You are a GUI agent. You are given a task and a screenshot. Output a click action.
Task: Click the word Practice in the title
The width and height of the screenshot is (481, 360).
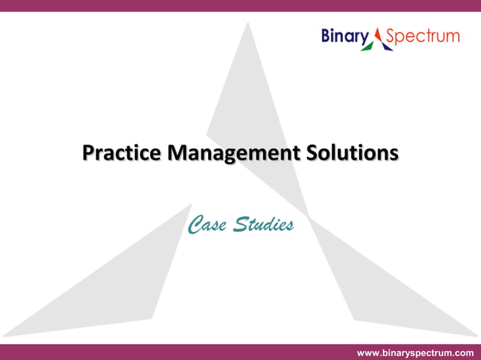(x=121, y=154)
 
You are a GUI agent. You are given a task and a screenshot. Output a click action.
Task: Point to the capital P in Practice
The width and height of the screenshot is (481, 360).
(x=88, y=153)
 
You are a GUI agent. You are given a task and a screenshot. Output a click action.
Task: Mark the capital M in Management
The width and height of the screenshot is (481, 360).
(x=176, y=153)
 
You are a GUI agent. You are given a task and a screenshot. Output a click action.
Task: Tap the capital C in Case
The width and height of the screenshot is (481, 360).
(x=195, y=224)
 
